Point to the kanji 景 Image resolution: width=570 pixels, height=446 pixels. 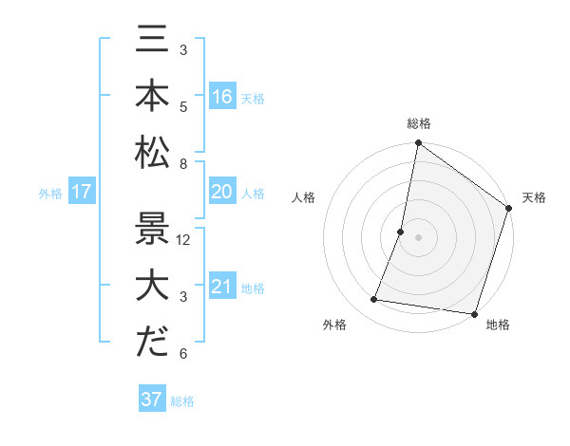pos(152,228)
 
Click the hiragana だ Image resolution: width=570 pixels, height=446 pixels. pos(152,343)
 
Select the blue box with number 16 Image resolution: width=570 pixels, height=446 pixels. pos(221,96)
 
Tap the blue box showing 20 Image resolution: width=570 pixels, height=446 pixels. pos(221,192)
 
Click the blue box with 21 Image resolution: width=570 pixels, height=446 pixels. pos(221,287)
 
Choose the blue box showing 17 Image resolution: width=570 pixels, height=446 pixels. pos(81,193)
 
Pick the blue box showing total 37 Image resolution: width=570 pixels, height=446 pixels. pos(151,400)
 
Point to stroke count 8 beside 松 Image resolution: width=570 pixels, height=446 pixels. pos(183,164)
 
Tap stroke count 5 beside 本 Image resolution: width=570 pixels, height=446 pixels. pos(183,106)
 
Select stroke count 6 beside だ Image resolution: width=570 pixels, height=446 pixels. pos(183,354)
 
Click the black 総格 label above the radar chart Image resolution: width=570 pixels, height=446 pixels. pos(418,123)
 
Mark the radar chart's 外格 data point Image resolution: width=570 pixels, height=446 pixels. pos(374,300)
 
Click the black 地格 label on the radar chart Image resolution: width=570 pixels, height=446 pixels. pos(498,325)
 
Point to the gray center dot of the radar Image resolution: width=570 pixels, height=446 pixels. pos(418,237)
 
